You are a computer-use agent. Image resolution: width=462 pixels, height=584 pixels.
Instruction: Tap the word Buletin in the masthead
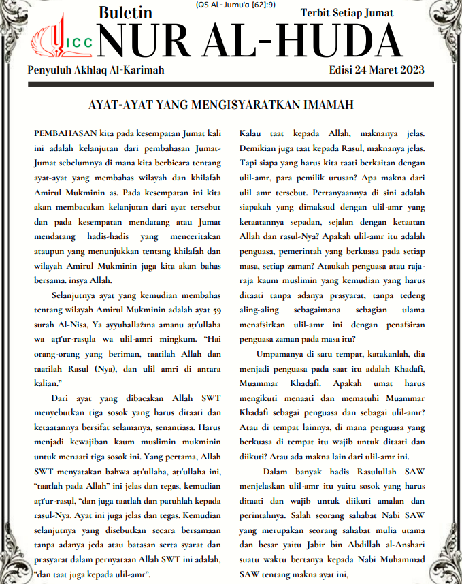tap(125, 12)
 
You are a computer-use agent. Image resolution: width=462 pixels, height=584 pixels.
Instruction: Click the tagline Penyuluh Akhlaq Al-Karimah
tap(96, 70)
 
